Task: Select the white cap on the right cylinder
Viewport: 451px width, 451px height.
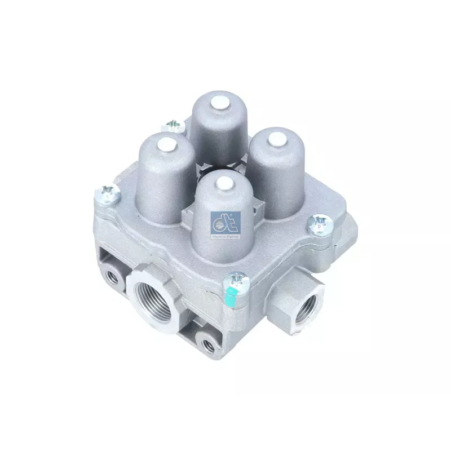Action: click(276, 137)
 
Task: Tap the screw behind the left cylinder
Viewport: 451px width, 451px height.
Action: click(174, 126)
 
